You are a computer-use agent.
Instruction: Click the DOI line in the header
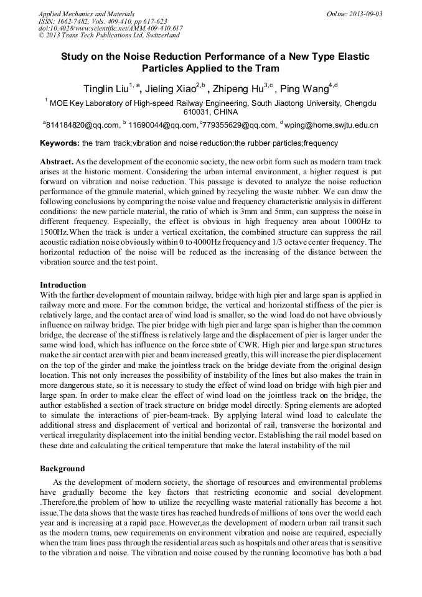click(111, 29)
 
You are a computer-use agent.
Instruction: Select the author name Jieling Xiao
click(171, 88)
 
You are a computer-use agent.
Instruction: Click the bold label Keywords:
click(60, 143)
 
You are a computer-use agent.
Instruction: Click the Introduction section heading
click(63, 284)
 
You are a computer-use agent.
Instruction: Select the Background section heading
click(62, 468)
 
